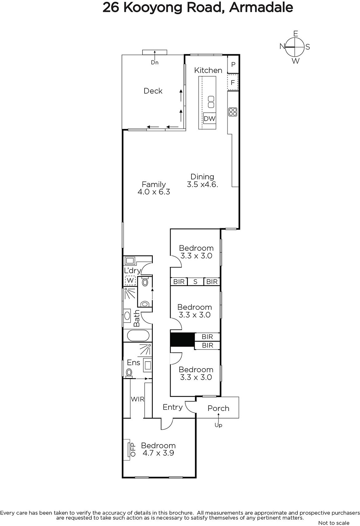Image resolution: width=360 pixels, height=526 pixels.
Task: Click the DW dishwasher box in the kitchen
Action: tap(209, 118)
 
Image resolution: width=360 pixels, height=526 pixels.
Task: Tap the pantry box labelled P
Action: tap(233, 64)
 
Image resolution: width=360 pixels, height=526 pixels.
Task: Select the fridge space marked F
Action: tap(233, 83)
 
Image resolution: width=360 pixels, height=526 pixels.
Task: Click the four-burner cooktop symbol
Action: tap(233, 112)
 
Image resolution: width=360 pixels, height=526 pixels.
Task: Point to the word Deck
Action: tap(153, 91)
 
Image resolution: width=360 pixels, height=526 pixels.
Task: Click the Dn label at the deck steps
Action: tap(155, 62)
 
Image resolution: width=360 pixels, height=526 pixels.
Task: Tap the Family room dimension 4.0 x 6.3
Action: tap(154, 192)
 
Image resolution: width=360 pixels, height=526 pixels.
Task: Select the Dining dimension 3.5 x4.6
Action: tap(202, 184)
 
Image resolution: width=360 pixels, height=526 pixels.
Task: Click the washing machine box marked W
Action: tap(130, 280)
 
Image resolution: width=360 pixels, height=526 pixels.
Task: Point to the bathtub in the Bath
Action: tap(138, 336)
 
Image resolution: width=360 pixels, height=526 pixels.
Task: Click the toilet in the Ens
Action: tap(129, 373)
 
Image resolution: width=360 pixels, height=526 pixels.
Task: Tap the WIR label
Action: tap(138, 399)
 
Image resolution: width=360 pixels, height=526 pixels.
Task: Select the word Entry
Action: tap(173, 407)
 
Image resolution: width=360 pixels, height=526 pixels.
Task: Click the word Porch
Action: tap(218, 408)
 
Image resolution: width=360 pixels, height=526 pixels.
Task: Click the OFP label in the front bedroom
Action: tap(133, 449)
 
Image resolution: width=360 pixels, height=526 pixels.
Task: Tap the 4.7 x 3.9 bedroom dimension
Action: tap(158, 453)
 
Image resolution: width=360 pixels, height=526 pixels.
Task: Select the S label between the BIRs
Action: tap(195, 281)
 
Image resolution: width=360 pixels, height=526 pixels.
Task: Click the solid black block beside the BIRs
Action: tap(183, 340)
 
